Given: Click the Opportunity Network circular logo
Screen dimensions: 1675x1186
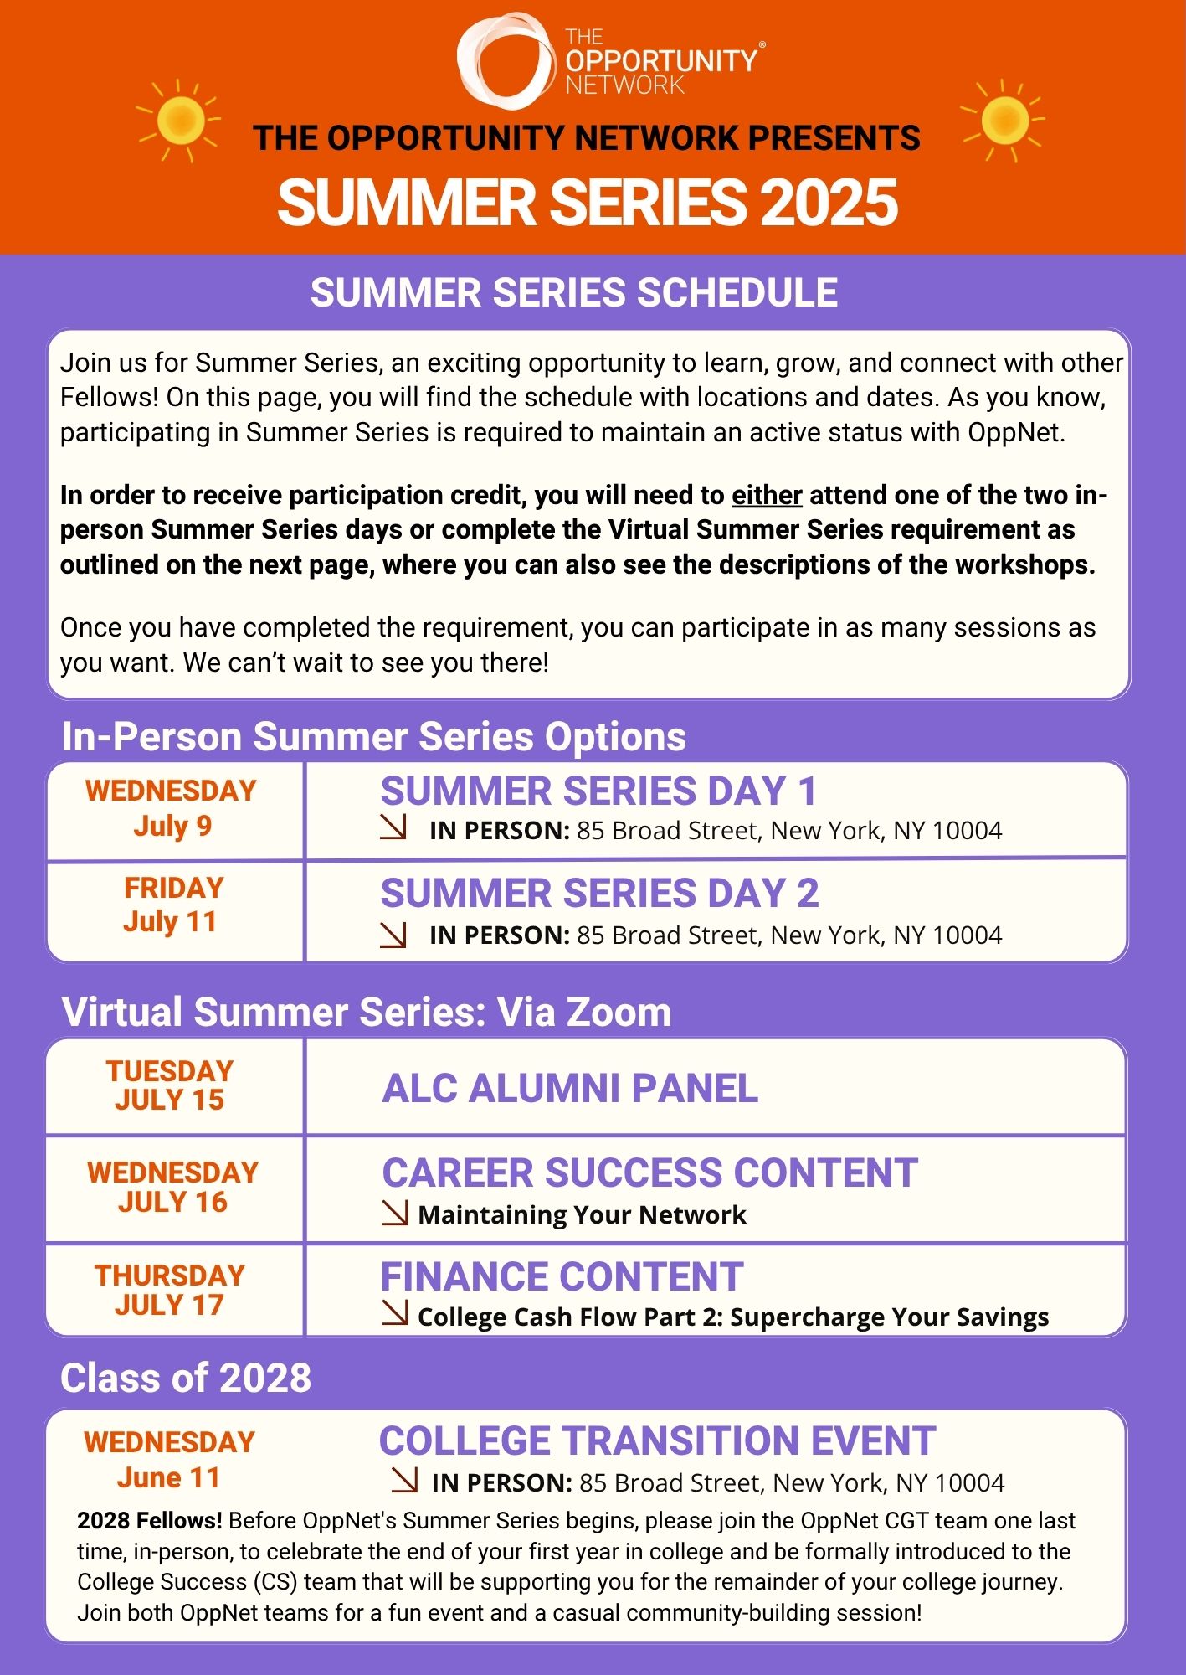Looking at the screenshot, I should pos(506,61).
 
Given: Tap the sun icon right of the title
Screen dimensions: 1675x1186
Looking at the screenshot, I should pos(1004,120).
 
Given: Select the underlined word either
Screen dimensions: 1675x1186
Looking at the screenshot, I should pos(767,495).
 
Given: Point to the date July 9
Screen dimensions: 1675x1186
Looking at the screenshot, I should pos(172,826).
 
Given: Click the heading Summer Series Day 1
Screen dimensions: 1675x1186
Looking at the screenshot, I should pos(598,791).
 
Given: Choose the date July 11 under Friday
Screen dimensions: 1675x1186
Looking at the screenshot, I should pos(170,922).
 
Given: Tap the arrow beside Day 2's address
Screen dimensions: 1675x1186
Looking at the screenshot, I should pos(393,935).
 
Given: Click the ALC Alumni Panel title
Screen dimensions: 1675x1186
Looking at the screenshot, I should pos(570,1089).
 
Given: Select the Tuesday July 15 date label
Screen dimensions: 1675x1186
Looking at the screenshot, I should pos(170,1085).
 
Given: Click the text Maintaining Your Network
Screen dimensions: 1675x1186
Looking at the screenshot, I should pos(582,1214).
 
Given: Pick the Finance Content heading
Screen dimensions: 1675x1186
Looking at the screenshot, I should pos(562,1277).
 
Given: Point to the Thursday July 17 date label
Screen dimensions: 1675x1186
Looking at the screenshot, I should pos(170,1290).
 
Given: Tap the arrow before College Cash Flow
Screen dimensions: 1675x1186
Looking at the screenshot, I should pos(395,1313).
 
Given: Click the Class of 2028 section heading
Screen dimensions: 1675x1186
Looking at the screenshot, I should pos(186,1379).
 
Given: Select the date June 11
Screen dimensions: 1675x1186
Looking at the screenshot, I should pos(168,1478).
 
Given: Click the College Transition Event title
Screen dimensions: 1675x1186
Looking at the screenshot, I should pos(657,1441).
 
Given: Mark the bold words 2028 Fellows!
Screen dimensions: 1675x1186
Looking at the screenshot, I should pos(150,1521).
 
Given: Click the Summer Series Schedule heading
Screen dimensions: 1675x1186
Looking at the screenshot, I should pos(574,293).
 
